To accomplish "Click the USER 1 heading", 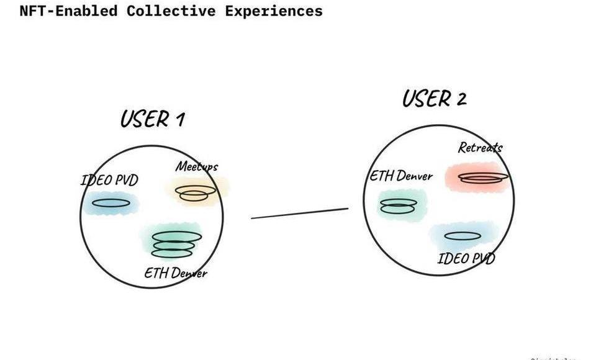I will point(152,118).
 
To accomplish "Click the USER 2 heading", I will point(434,98).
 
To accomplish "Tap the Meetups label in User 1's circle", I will point(196,166).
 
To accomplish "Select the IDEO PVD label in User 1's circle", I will point(109,181).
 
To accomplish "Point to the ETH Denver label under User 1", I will point(176,272).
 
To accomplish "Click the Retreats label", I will point(480,147).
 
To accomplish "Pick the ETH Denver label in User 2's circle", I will point(401,176).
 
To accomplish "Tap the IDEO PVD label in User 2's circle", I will point(466,258).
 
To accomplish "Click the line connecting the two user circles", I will point(299,214).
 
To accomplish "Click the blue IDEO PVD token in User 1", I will point(112,202).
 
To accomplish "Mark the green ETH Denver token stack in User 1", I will point(177,244).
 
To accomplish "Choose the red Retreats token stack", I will point(484,177).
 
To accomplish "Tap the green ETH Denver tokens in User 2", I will point(397,206).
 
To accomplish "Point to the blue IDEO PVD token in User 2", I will point(463,236).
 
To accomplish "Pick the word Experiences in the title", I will point(274,11).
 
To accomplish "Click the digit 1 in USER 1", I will point(179,119).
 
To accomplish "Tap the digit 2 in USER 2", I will point(461,99).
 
